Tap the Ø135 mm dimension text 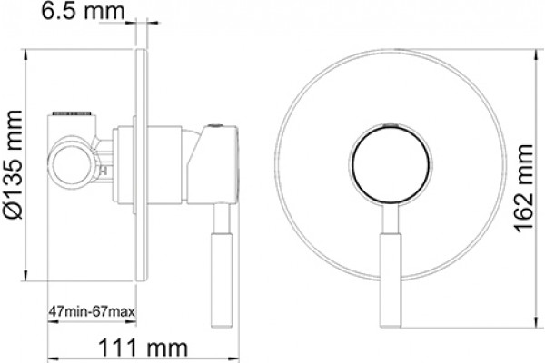coord(14,164)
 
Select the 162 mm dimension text coord(523,188)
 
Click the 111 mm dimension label coord(144,348)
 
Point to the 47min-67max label coord(92,311)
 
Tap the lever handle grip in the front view coord(391,280)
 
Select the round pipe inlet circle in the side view coord(73,163)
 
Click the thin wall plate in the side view coord(142,164)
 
